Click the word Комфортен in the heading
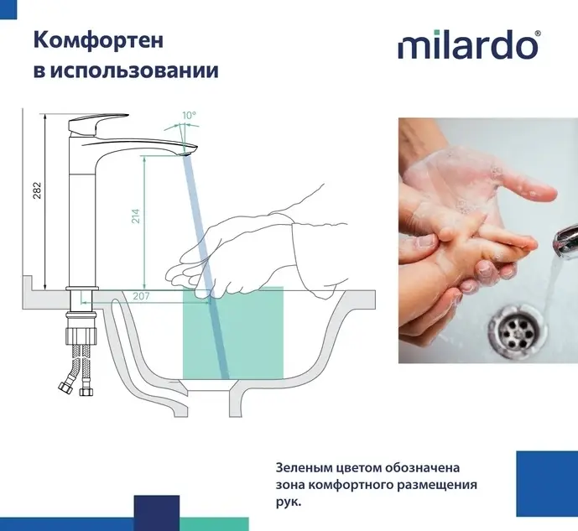point(98,40)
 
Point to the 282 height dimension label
point(37,190)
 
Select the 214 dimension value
point(136,216)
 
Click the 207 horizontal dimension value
point(141,296)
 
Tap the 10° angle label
point(189,115)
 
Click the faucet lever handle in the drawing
point(97,123)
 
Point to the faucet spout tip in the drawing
point(190,151)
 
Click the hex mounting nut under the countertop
point(81,335)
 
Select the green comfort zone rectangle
point(233,333)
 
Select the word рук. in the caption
point(289,502)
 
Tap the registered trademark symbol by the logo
point(538,34)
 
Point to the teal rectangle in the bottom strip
point(214,524)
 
